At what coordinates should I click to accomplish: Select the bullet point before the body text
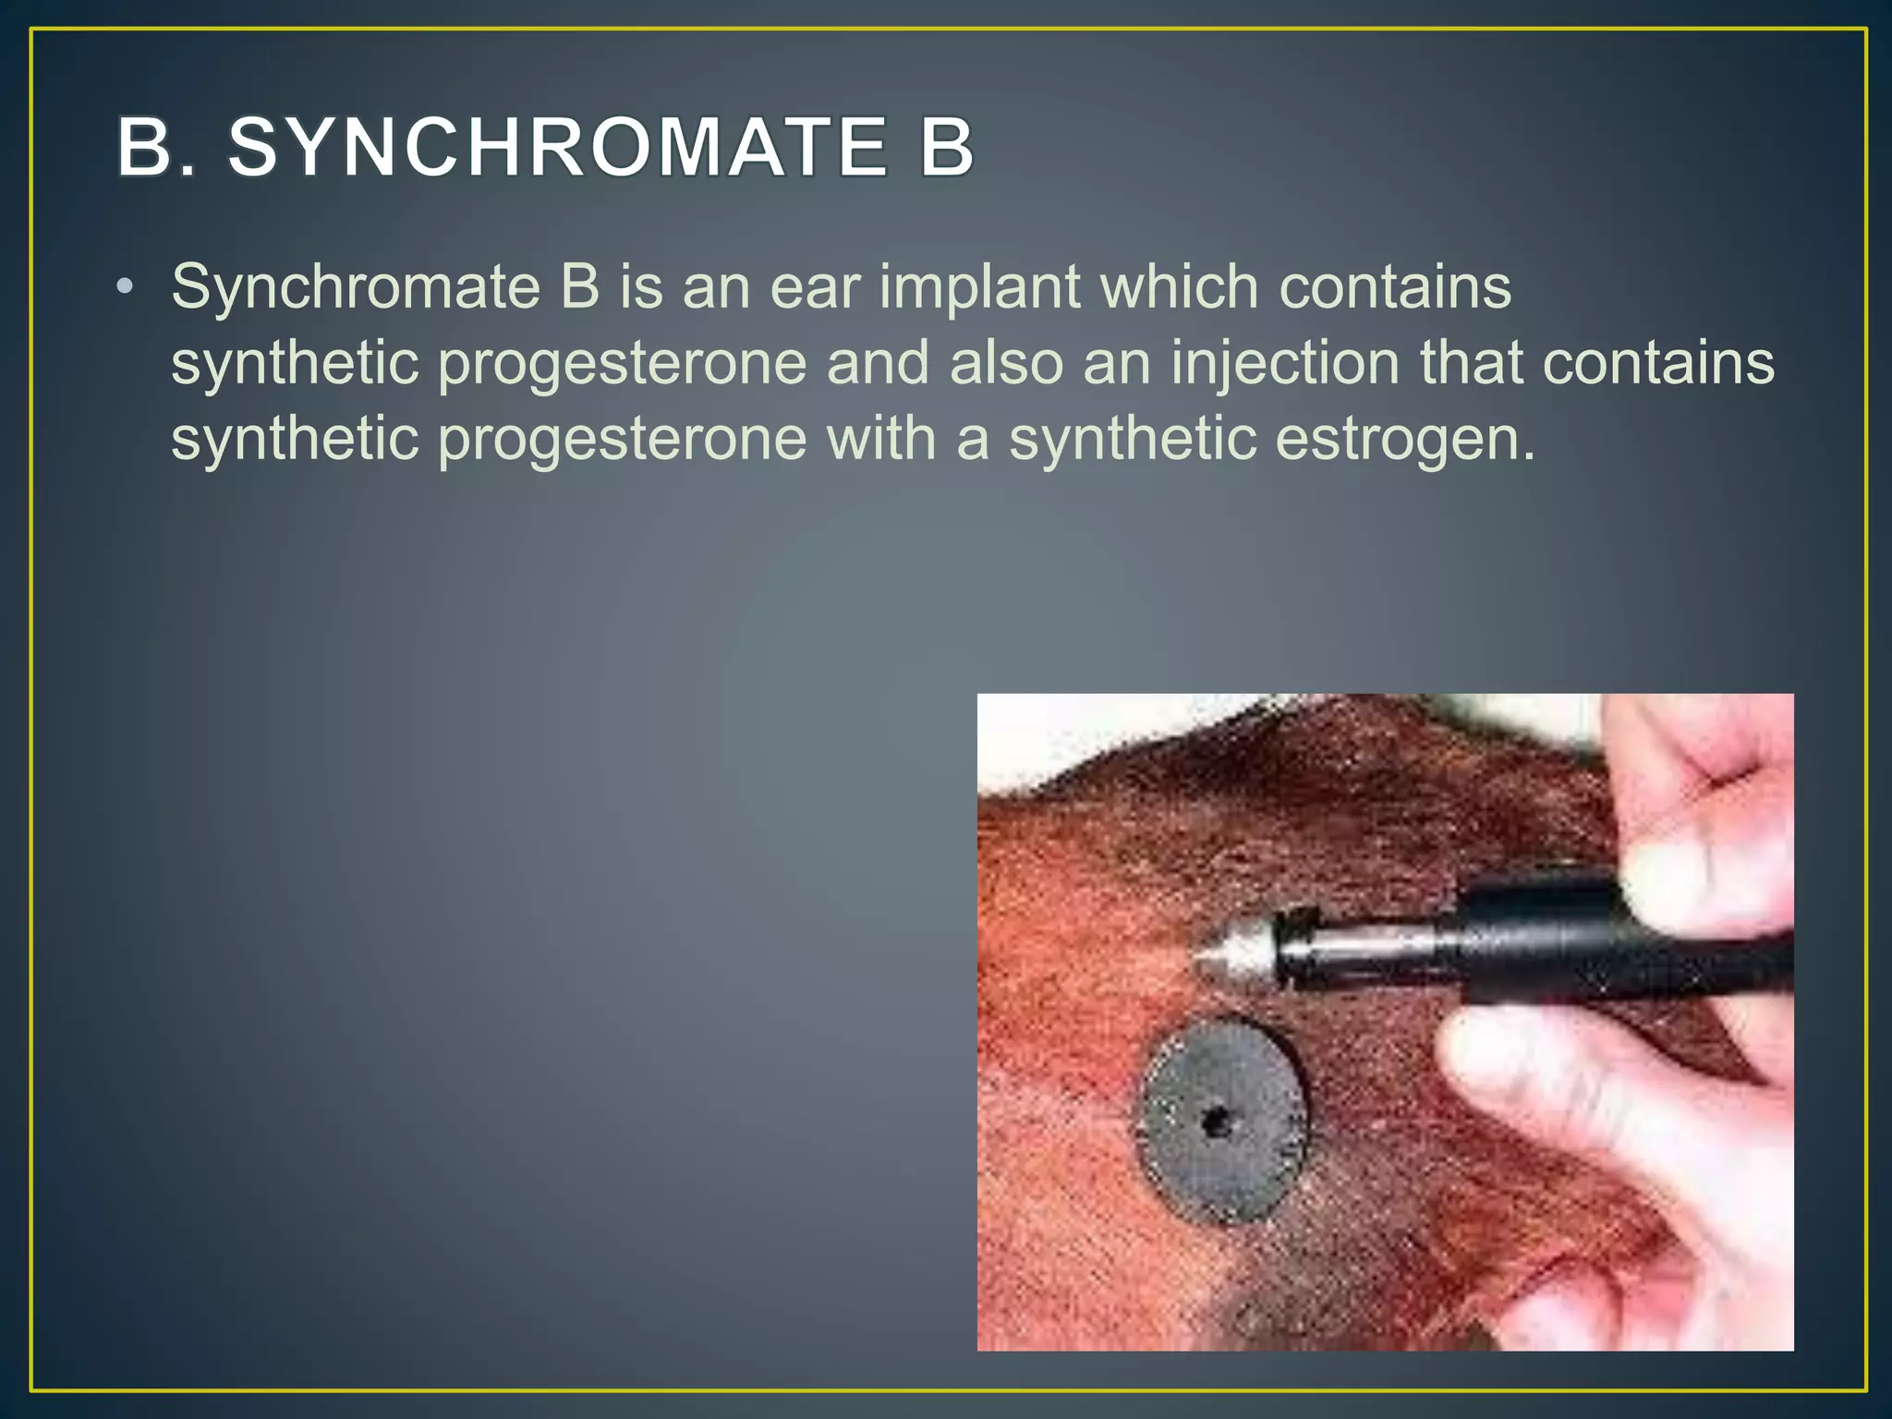point(125,287)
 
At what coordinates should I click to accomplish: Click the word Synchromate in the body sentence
point(355,287)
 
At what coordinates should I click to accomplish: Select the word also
point(1006,362)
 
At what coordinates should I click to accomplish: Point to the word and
point(878,362)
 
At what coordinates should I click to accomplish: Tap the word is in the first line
point(641,287)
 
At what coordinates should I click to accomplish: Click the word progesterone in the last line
point(622,440)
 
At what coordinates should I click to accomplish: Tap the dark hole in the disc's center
point(1212,1123)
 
